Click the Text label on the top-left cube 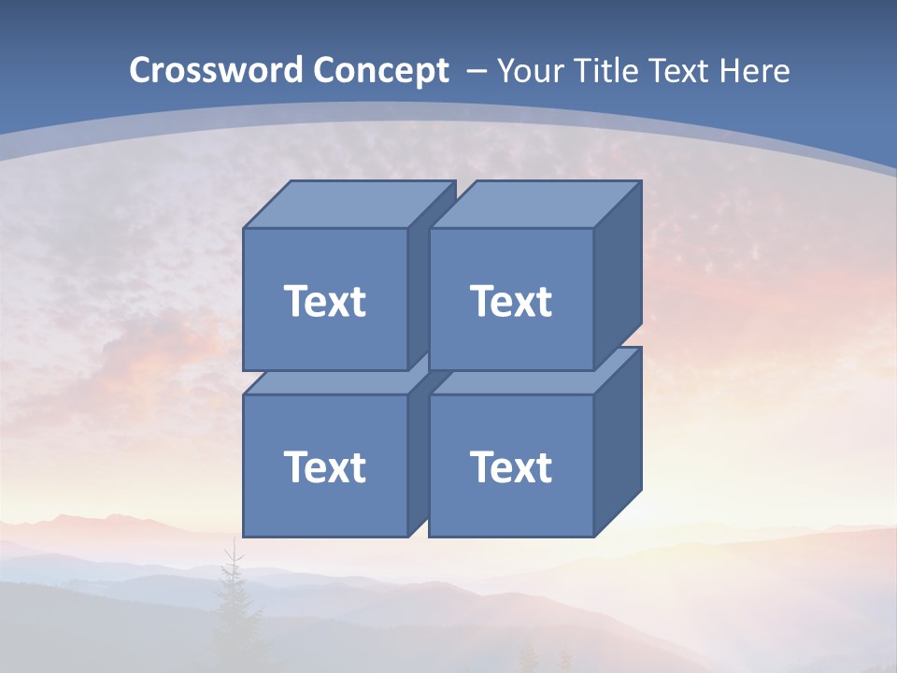(x=324, y=301)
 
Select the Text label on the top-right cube (x=510, y=301)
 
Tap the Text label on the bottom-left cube (x=324, y=466)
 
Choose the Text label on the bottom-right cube (x=510, y=466)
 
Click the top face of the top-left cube (x=348, y=205)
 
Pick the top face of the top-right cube (x=534, y=205)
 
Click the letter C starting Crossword (x=140, y=71)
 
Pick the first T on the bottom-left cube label (x=294, y=466)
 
